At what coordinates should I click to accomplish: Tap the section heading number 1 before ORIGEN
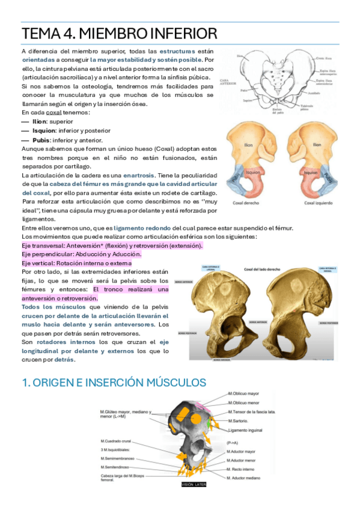pos(23,382)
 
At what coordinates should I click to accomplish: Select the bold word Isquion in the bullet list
pos(44,130)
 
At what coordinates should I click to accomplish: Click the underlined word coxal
pos(55,112)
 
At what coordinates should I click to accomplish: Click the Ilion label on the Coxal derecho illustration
pos(248,145)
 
